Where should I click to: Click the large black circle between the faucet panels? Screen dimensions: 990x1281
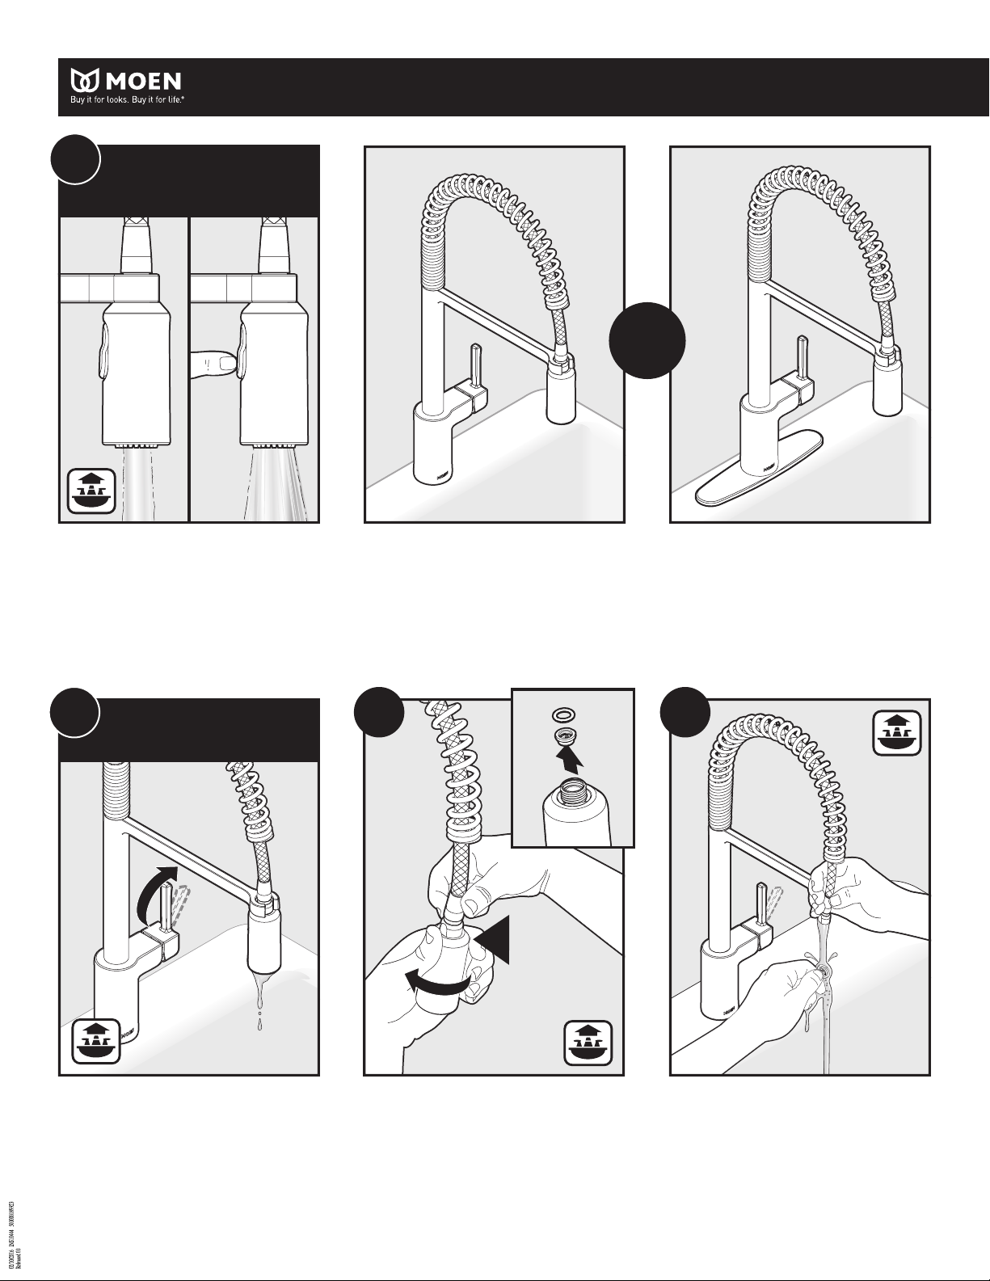coord(647,340)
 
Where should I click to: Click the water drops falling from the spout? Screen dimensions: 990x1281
coord(259,1010)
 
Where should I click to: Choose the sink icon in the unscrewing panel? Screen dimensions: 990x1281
coord(589,1043)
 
